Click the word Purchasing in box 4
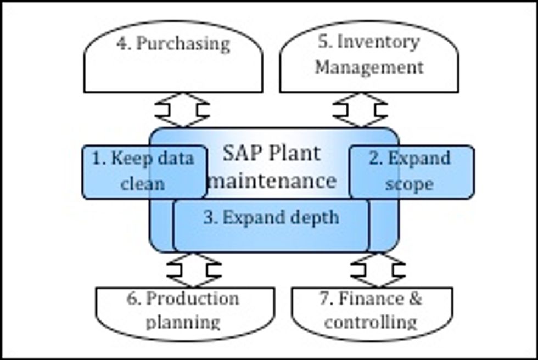click(183, 44)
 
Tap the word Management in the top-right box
click(369, 67)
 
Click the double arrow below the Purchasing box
click(182, 110)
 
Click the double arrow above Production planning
click(193, 270)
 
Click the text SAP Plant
click(271, 153)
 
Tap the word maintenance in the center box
click(272, 179)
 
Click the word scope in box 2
click(410, 184)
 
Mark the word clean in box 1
click(142, 184)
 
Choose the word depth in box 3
click(312, 218)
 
